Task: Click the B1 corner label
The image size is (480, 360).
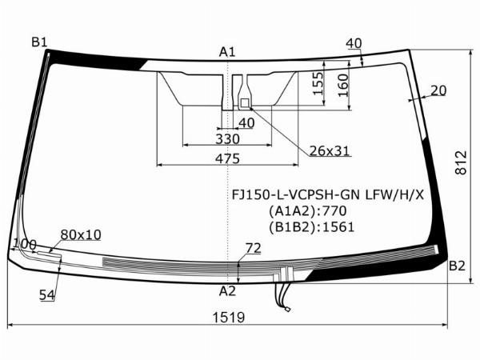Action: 39,42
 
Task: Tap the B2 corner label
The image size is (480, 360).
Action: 457,266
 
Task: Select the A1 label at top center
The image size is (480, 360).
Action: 227,52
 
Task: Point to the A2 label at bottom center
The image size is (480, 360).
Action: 227,291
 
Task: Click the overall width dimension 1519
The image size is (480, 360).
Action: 229,318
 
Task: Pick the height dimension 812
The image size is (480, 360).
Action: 461,162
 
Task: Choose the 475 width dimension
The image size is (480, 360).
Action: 227,158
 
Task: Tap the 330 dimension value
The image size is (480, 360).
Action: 227,139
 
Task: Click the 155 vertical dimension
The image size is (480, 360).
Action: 318,83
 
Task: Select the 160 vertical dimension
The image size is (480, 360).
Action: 343,86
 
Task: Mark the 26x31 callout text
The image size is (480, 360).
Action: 330,150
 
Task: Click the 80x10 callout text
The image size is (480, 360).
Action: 81,234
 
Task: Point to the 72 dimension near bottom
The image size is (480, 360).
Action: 253,248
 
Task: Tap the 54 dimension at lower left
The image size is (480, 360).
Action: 47,294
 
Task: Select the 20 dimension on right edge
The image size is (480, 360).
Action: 438,90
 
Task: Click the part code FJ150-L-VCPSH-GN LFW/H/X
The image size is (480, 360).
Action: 327,194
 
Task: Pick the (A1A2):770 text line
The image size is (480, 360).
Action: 308,211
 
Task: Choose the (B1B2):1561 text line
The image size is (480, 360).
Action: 312,227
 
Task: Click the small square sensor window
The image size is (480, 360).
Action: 245,103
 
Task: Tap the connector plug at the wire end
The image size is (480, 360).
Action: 287,310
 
